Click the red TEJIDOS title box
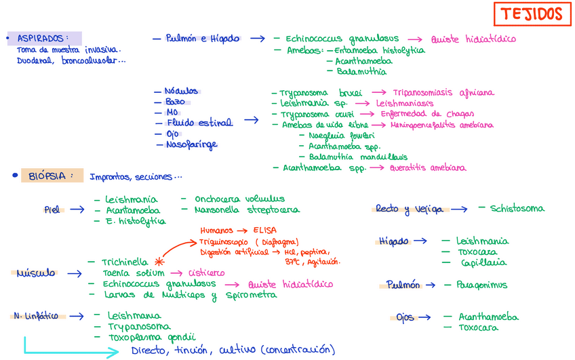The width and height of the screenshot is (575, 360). coord(532,14)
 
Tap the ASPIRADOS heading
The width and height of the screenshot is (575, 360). coord(42,38)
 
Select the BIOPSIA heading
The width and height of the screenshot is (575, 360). coord(47,176)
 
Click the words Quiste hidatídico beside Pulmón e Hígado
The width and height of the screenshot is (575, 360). coord(473,39)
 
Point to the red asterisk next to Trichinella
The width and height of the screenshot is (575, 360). coord(159,260)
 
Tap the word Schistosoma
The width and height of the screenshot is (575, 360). coord(517,209)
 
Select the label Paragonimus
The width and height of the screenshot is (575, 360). coord(481,285)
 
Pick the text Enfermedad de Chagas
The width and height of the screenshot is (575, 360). coord(427,114)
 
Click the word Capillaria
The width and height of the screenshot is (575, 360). coord(483,262)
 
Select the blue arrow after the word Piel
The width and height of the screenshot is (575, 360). coord(77,210)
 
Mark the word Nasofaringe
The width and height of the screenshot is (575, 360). coord(191,144)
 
